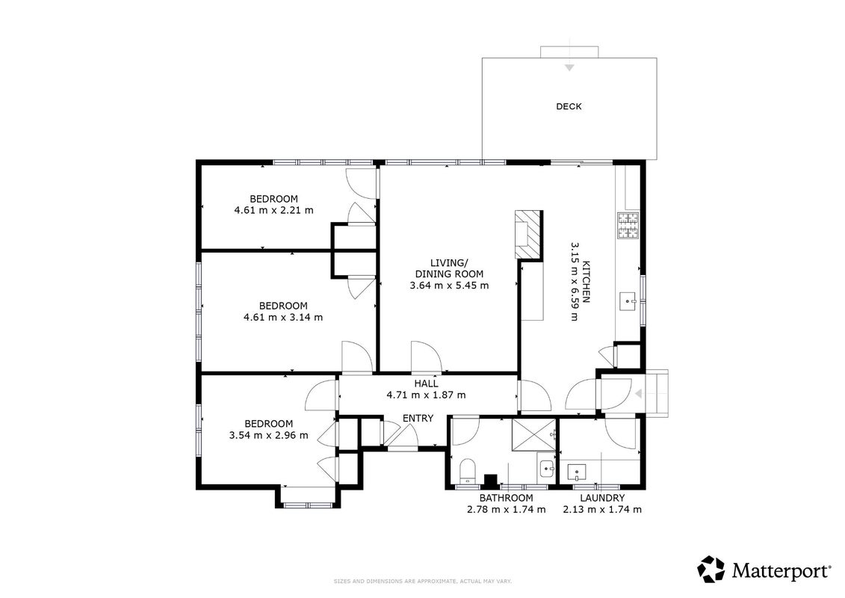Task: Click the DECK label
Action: (569, 106)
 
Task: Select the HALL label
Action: (426, 384)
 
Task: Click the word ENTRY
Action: (418, 418)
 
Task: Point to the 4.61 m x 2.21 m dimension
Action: (273, 210)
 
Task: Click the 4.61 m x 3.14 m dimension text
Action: (283, 317)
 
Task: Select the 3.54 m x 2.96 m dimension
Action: (269, 435)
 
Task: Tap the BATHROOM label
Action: (506, 499)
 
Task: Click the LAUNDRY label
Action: (602, 499)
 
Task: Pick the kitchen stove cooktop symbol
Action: (628, 226)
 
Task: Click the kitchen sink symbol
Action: (628, 303)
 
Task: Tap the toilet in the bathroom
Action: (467, 471)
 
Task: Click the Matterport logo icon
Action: (711, 570)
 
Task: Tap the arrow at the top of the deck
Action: (569, 67)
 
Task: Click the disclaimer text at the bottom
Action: (423, 582)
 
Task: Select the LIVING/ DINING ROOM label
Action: (449, 268)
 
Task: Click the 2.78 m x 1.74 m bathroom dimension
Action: (506, 509)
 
